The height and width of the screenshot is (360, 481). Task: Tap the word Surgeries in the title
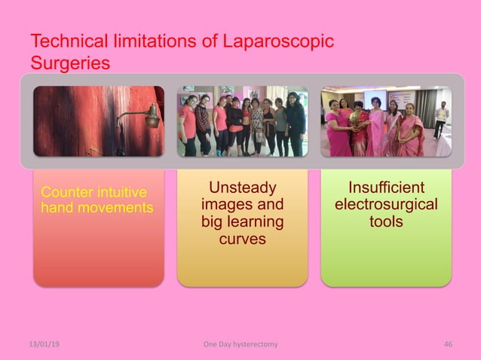(70, 63)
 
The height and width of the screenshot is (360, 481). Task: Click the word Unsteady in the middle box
(242, 188)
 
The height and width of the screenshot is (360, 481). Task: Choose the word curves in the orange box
(242, 238)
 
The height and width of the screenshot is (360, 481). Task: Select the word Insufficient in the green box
(386, 188)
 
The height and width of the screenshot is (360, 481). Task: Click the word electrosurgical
(386, 205)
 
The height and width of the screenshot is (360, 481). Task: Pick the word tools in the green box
(386, 221)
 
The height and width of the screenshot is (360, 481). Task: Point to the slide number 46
(448, 344)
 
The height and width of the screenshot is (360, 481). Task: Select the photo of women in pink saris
(386, 121)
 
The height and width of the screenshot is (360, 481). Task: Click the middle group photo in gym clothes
(242, 121)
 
